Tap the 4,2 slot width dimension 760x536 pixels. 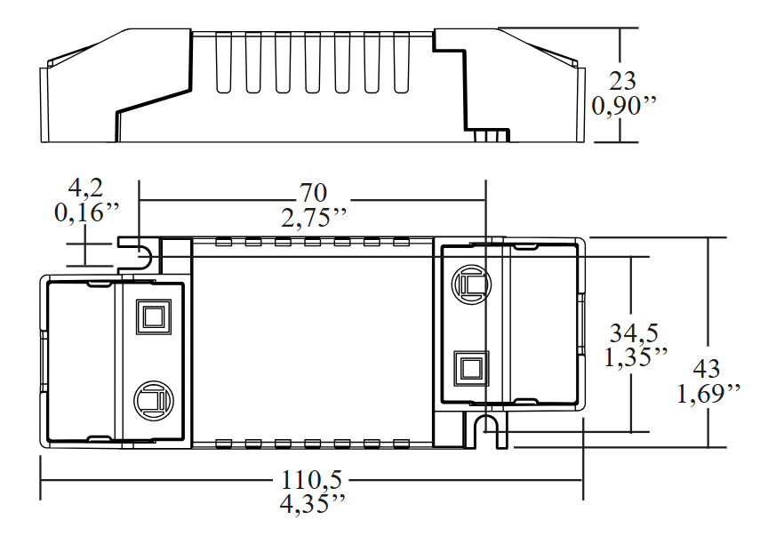[85, 188]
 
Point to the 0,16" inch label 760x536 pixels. [86, 213]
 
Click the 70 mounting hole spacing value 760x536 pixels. [313, 192]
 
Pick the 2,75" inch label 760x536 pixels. [313, 219]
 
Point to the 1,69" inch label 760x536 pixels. [708, 394]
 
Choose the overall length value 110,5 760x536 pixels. [312, 480]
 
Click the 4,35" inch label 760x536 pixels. [312, 504]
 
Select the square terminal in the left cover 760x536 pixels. [152, 317]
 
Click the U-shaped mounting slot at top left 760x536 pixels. [140, 256]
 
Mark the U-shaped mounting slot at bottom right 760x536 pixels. [485, 431]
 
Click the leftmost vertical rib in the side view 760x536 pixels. [222, 62]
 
